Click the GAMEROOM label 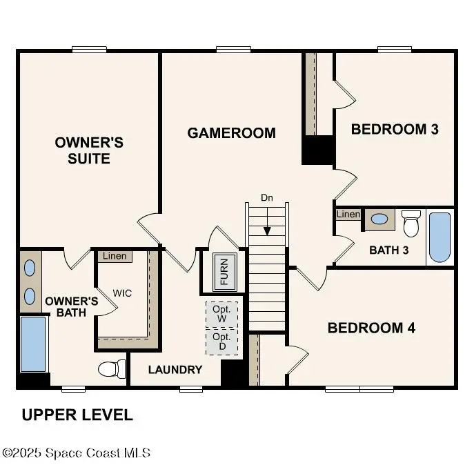[231, 132]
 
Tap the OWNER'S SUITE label [89, 150]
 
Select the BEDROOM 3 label [395, 129]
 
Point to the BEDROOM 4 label [371, 328]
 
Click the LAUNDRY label [175, 370]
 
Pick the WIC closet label [122, 293]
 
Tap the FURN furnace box [224, 271]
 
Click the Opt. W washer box [221, 315]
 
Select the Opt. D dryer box [221, 341]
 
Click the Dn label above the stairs [267, 198]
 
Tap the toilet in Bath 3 [411, 223]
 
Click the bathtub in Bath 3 [440, 237]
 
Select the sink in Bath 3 [379, 219]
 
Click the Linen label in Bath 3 [348, 215]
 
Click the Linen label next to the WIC [115, 256]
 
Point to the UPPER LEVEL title [77, 415]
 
